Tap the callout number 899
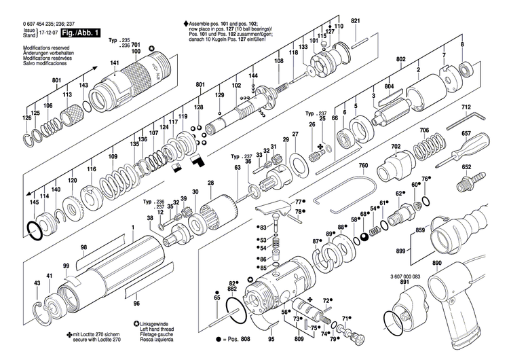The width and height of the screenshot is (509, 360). (400, 251)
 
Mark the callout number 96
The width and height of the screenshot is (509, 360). (136, 303)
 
